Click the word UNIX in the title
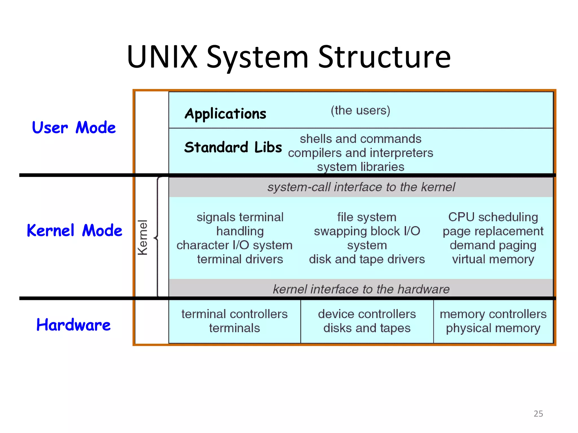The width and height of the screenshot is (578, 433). [x=162, y=57]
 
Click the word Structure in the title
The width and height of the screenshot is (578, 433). [x=384, y=57]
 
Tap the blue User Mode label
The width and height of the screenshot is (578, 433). [x=74, y=128]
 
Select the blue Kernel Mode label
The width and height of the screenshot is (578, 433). [x=75, y=231]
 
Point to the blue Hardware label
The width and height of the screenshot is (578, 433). [x=73, y=325]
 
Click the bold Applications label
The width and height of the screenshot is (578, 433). [x=225, y=114]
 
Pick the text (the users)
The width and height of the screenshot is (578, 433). [x=360, y=110]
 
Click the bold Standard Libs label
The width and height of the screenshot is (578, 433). [x=233, y=147]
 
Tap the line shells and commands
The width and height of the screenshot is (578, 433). [x=360, y=139]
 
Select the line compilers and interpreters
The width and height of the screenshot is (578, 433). [x=360, y=153]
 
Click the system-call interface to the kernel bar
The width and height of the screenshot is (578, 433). [x=361, y=187]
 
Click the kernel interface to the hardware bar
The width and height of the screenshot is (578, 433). [x=361, y=289]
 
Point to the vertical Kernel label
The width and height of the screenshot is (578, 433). [x=143, y=237]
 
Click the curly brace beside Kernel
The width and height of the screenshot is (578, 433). [x=157, y=237]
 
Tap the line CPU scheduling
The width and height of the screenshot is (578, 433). [x=493, y=217]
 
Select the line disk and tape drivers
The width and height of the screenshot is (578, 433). [x=367, y=259]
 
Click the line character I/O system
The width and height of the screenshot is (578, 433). [x=234, y=245]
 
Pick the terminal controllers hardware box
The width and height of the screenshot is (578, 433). [x=235, y=321]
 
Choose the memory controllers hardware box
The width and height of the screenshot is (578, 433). [x=493, y=321]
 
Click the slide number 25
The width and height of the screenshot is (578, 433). [x=538, y=414]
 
